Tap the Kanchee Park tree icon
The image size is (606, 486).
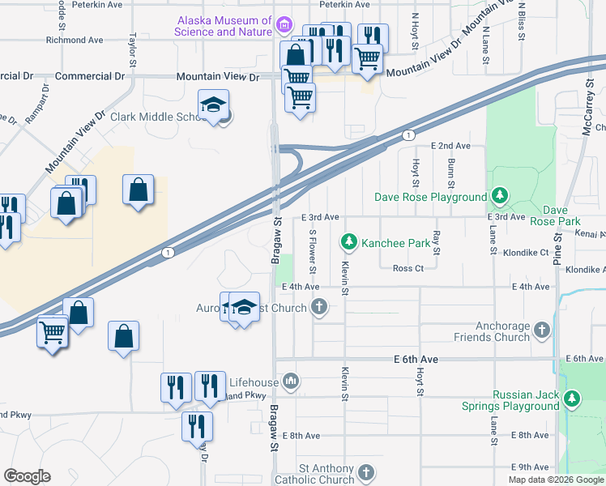tap(349, 241)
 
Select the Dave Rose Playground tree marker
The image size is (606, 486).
tap(500, 196)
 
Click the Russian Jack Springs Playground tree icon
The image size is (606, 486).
tap(572, 399)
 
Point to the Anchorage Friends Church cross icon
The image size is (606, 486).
tap(542, 330)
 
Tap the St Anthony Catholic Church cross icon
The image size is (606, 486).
tap(366, 472)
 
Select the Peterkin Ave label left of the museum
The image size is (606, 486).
tap(96, 4)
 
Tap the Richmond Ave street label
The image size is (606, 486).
tap(75, 39)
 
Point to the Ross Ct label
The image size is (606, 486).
tap(408, 268)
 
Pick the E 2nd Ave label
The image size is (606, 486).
tap(450, 146)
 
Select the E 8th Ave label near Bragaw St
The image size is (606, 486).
tap(301, 436)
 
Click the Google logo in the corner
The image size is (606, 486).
tap(28, 475)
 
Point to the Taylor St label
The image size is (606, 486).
tap(132, 49)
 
